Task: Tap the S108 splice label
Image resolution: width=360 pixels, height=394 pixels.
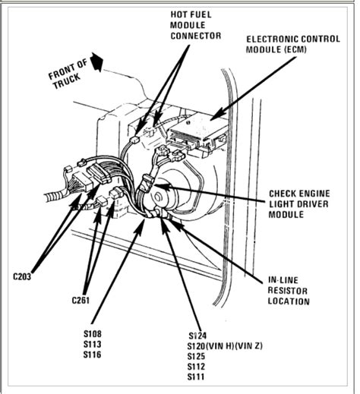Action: coord(95,333)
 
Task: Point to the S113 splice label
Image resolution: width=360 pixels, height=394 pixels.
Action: coord(95,343)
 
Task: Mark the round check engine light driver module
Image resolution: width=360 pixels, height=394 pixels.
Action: coord(163,200)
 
